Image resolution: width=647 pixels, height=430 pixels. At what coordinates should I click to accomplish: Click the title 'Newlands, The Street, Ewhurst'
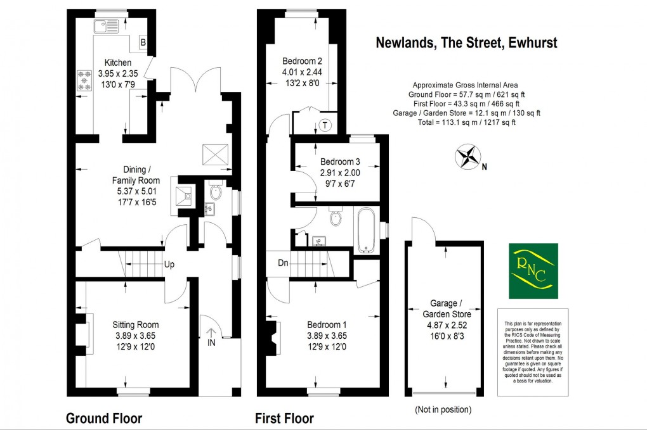coord(466,42)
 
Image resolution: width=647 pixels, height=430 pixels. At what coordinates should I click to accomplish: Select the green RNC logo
coord(533,270)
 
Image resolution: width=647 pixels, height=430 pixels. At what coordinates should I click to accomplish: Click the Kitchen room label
coord(118,63)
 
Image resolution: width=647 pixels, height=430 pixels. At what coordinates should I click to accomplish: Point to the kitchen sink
coord(105,26)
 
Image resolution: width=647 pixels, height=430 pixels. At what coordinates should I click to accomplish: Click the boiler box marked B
coord(143,42)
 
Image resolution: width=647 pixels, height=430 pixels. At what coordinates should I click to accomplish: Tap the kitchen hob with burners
coord(84,80)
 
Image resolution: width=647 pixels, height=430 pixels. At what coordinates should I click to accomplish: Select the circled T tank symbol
coord(325,125)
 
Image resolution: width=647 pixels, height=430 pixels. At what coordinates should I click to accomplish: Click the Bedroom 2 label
coord(303,61)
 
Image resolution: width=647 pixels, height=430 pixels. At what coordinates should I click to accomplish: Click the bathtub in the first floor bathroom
coord(365,229)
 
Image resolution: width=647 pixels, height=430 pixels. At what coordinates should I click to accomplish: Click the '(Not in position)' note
coord(443,410)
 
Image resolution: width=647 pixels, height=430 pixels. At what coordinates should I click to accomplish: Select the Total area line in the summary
coord(466,123)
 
